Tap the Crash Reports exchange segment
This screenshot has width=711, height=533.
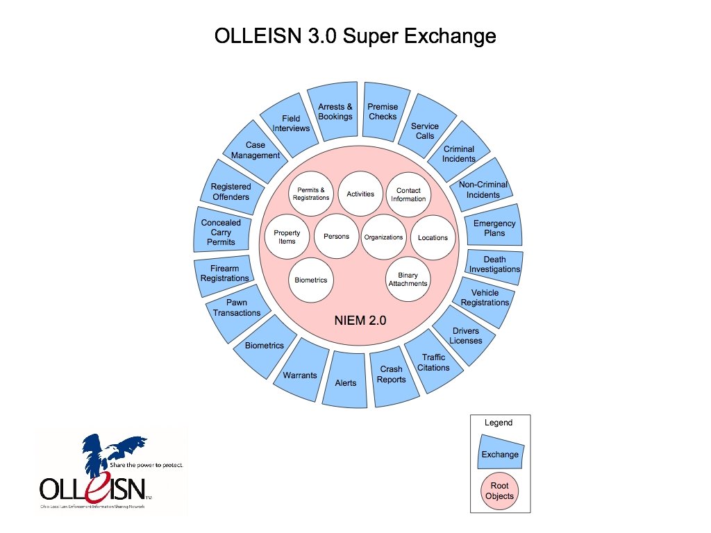pyautogui.click(x=392, y=375)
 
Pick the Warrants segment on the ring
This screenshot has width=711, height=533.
pyautogui.click(x=300, y=375)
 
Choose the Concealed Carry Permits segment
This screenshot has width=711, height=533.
pyautogui.click(x=221, y=232)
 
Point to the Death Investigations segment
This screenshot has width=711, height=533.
pyautogui.click(x=494, y=264)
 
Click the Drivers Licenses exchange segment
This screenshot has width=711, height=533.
pyautogui.click(x=465, y=336)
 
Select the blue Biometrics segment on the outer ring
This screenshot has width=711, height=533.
pyautogui.click(x=265, y=346)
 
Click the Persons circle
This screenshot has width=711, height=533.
pyautogui.click(x=337, y=237)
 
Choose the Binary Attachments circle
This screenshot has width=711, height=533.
pyautogui.click(x=408, y=280)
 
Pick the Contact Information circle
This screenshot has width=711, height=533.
pyautogui.click(x=408, y=194)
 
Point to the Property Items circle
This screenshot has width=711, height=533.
pyautogui.click(x=287, y=237)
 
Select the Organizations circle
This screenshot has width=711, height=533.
pyautogui.click(x=384, y=237)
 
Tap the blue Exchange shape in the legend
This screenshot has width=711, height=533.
pyautogui.click(x=500, y=454)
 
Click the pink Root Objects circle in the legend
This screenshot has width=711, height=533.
pyautogui.click(x=500, y=491)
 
